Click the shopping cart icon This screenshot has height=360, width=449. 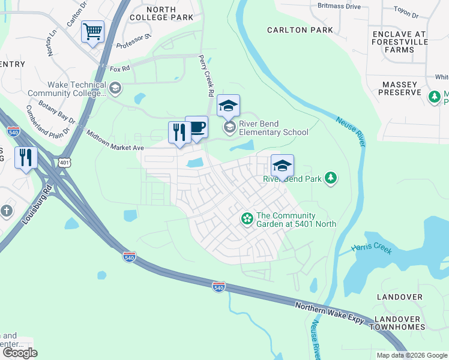92,32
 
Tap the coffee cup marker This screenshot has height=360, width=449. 196,128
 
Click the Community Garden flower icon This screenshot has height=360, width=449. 246,219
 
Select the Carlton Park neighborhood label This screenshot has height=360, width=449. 292,30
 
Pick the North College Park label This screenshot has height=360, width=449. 152,13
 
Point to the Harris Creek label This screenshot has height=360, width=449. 372,248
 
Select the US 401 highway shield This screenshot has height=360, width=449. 65,162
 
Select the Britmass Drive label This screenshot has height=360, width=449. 339,6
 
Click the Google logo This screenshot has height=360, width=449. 20,353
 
